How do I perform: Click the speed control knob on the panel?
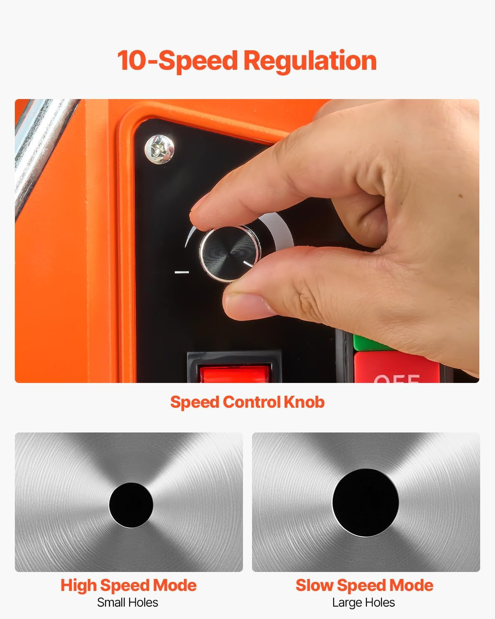[x=229, y=253]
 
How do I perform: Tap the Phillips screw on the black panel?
[x=159, y=149]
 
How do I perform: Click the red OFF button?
[x=397, y=367]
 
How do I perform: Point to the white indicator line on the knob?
[x=247, y=264]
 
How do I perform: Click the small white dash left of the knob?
[x=182, y=272]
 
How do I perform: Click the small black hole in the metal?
[x=131, y=506]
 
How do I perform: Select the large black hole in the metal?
[x=365, y=503]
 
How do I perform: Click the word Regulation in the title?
[x=310, y=61]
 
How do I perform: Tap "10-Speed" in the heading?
[x=177, y=61]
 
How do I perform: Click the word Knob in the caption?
[x=304, y=402]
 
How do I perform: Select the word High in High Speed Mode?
[x=78, y=586]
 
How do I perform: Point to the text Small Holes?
[x=127, y=602]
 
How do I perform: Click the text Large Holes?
[x=363, y=602]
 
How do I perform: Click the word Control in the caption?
[x=252, y=402]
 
